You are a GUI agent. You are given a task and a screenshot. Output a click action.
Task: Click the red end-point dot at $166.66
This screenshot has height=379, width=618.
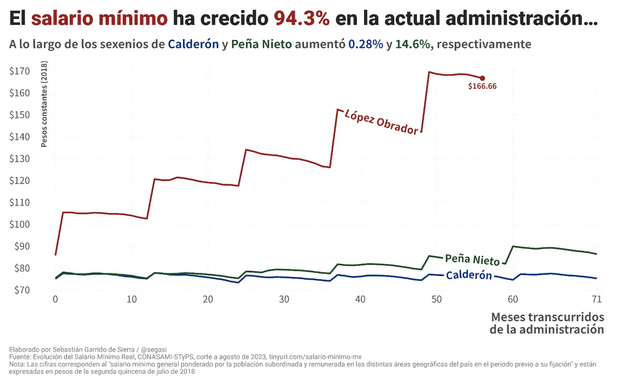[x=483, y=78]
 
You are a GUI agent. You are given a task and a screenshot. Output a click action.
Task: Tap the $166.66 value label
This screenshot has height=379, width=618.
[x=482, y=87]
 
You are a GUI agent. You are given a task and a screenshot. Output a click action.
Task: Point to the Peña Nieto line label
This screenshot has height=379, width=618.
[x=472, y=260]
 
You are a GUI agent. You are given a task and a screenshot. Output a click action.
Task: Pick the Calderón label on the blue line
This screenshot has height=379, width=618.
[x=469, y=276]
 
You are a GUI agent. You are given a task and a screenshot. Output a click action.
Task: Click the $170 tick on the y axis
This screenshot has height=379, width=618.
[x=19, y=71]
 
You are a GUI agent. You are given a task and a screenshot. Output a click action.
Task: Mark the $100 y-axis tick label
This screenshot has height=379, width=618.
[x=19, y=225]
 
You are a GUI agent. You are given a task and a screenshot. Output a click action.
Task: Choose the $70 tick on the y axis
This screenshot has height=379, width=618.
[x=19, y=290]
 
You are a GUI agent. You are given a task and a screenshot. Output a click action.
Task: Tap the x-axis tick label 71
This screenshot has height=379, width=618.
[x=597, y=300]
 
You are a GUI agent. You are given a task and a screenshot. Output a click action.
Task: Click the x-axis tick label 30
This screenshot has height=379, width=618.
[x=284, y=300]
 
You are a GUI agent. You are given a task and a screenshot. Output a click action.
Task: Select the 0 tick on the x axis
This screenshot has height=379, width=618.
[x=55, y=300]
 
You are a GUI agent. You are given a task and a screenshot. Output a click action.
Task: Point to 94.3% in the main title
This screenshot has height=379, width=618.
[x=302, y=19]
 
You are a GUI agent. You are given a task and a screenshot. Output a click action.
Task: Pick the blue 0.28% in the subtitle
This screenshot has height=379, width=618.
[x=366, y=44]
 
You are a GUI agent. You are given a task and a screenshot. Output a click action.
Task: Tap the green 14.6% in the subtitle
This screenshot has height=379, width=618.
[x=413, y=44]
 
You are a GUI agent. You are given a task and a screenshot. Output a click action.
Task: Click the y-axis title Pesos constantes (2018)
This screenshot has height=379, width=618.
[x=44, y=105]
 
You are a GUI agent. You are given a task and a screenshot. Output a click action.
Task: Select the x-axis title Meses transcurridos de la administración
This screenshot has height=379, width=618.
[x=547, y=324]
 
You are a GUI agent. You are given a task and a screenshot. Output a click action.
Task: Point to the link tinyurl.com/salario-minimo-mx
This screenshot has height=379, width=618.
[x=316, y=357]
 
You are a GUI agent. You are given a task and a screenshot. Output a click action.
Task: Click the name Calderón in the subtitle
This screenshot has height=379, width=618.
[x=194, y=44]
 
